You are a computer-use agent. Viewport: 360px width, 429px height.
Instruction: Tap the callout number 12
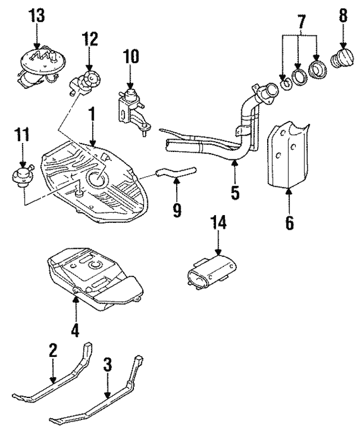pyautogui.click(x=89, y=39)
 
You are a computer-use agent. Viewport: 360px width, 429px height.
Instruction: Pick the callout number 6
pyautogui.click(x=289, y=222)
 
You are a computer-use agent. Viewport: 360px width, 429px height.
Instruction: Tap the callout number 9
pyautogui.click(x=177, y=211)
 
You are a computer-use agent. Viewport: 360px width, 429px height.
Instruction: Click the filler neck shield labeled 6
pyautogui.click(x=288, y=158)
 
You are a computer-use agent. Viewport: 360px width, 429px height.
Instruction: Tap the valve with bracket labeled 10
pyautogui.click(x=132, y=106)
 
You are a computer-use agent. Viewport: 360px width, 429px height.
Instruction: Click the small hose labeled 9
pyautogui.click(x=175, y=171)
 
